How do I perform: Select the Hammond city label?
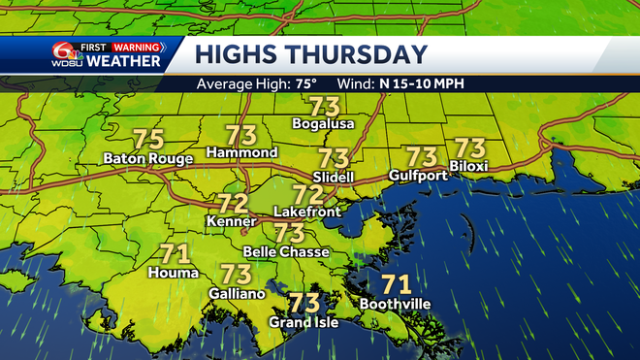coord(242,152)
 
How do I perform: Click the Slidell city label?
coord(334,178)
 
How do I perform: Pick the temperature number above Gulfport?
coord(422,156)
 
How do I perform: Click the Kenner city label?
coord(231,222)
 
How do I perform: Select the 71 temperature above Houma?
coord(173,254)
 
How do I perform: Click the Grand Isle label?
coord(304,322)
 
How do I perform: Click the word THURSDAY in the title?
coord(364,54)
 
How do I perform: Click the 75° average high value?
coord(306,83)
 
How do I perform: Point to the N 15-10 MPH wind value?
coord(421,83)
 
